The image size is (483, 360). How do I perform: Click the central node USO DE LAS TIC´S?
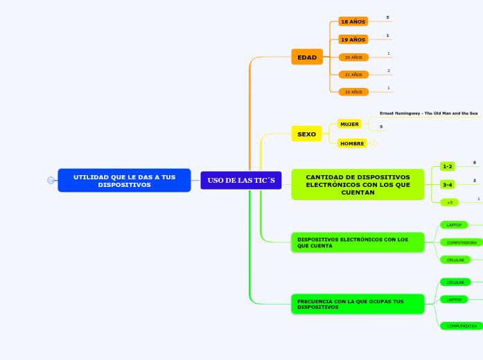[240, 180]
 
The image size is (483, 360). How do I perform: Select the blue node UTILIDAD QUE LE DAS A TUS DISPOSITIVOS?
[124, 181]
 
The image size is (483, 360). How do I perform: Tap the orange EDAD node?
[307, 57]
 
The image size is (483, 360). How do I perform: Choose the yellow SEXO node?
[306, 134]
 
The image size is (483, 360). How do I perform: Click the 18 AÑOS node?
[353, 22]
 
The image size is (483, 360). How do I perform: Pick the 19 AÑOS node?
[353, 39]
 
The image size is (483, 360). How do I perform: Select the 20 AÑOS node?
[353, 57]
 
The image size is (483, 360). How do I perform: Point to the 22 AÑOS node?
[353, 91]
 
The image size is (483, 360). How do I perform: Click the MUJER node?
[349, 124]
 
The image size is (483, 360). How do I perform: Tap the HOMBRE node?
[352, 143]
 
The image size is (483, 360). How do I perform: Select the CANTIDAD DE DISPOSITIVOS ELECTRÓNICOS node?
[358, 185]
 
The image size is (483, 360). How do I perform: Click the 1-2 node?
[447, 166]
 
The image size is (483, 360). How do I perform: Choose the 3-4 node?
[447, 185]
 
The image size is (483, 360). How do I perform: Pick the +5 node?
[449, 202]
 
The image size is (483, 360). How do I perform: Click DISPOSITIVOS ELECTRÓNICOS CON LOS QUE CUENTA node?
[358, 242]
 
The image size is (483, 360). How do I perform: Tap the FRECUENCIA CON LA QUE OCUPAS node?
[358, 304]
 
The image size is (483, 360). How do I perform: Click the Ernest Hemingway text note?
[428, 113]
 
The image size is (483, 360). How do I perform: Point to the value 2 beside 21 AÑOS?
[389, 71]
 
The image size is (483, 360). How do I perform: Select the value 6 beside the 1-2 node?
[475, 163]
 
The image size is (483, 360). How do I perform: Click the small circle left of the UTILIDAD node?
[51, 181]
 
